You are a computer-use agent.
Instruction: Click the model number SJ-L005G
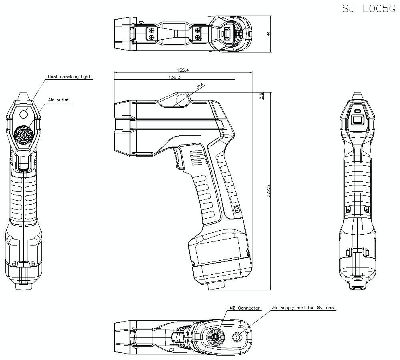(x=366, y=9)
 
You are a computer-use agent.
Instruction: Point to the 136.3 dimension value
(x=175, y=78)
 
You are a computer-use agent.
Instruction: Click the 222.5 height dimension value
(x=268, y=191)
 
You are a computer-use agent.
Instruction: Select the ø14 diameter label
(x=200, y=85)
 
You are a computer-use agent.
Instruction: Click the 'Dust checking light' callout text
(x=69, y=76)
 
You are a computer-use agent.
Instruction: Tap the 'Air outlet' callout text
(x=59, y=100)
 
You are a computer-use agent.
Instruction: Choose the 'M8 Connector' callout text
(x=244, y=308)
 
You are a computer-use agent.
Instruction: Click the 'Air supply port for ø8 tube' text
(x=303, y=308)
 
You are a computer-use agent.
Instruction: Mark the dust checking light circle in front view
(x=24, y=114)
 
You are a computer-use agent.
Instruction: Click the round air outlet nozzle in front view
(x=24, y=135)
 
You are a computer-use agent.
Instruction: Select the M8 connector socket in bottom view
(x=216, y=337)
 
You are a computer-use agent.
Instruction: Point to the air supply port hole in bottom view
(x=238, y=338)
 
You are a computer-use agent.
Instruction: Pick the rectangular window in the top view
(x=226, y=34)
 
